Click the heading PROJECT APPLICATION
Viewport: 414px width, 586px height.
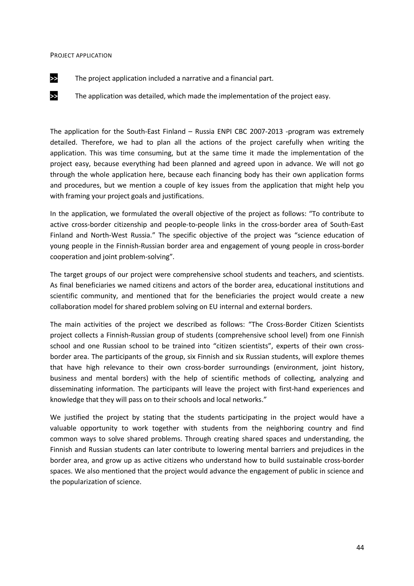click(x=81, y=55)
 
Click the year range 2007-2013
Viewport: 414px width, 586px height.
click(x=266, y=132)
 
